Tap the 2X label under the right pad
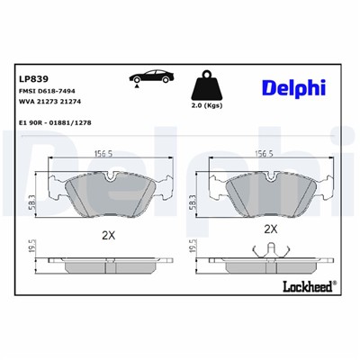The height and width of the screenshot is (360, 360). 270,229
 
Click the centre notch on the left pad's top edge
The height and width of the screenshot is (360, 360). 108,176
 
